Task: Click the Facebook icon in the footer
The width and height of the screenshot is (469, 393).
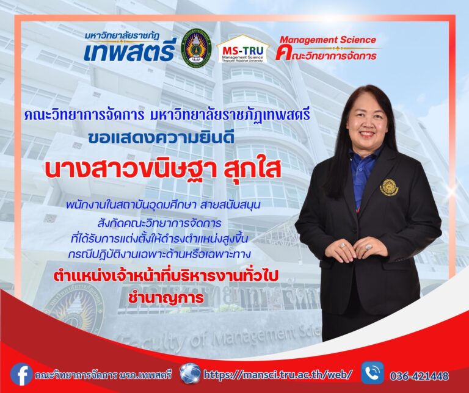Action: tap(21, 373)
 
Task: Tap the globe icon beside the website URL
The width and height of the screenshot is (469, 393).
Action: tap(190, 373)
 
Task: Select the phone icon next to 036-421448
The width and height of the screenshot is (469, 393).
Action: tap(373, 373)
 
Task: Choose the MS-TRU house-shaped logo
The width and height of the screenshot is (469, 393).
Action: tap(243, 49)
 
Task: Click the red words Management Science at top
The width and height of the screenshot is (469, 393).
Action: tap(328, 40)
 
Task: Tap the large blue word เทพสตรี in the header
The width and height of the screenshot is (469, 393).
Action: tap(129, 53)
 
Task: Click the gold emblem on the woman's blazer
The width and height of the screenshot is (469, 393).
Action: tap(389, 187)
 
